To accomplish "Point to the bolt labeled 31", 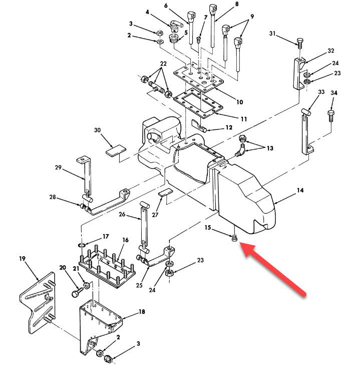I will click(299, 42).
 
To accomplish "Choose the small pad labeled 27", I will click(166, 193).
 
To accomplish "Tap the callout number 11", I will click(243, 119).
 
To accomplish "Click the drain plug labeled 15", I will click(234, 239).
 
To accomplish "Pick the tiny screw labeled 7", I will click(199, 37).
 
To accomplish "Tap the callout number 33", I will click(321, 92).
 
